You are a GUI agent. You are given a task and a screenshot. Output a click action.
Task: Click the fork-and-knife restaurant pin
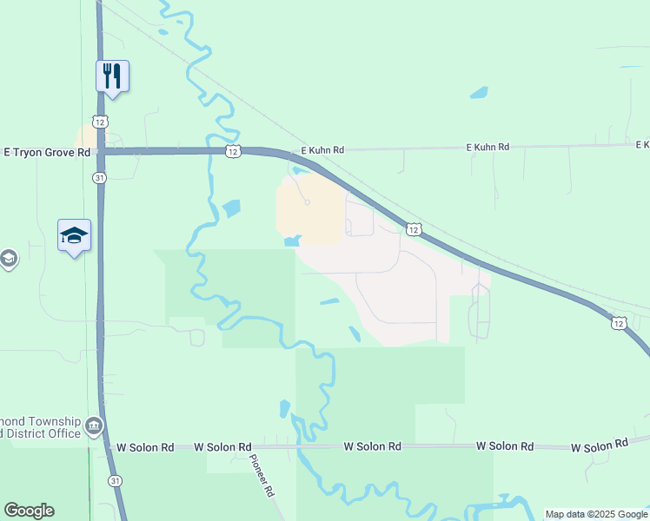112,76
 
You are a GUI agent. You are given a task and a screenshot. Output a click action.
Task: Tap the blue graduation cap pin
74,235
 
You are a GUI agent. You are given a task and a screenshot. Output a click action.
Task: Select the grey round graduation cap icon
8,259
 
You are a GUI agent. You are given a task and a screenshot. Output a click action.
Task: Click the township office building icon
94,427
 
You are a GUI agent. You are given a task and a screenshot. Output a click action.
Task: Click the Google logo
29,511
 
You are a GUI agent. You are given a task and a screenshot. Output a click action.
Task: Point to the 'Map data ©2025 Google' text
596,514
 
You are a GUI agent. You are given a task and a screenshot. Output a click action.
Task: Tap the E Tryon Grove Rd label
47,152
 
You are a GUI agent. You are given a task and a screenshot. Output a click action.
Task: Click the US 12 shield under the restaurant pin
101,122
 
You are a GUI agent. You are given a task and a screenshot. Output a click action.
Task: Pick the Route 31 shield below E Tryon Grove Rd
101,177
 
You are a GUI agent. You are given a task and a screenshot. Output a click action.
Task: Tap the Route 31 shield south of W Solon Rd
115,480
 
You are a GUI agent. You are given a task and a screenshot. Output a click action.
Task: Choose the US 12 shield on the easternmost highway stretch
618,323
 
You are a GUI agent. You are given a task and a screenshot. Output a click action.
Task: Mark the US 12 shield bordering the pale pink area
414,229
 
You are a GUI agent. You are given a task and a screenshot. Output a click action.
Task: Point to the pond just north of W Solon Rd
284,409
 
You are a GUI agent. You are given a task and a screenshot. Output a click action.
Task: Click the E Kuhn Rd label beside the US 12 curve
322,150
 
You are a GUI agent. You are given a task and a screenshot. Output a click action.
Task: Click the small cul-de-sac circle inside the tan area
307,203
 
